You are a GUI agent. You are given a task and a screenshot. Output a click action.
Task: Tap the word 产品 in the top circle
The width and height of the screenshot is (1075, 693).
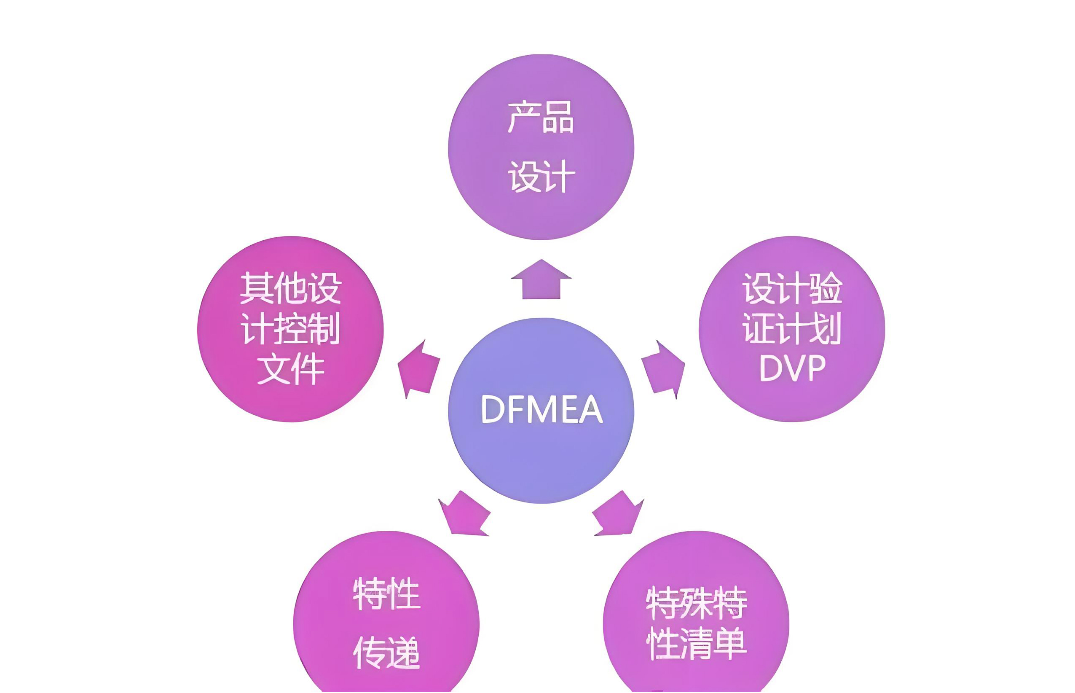click(x=541, y=117)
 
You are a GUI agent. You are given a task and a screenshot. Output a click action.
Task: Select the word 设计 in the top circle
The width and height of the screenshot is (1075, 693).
click(x=541, y=176)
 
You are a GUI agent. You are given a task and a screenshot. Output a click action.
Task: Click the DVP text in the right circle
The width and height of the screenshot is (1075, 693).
click(x=792, y=368)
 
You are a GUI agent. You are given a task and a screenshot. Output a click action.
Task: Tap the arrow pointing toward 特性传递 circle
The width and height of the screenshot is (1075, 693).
click(x=465, y=515)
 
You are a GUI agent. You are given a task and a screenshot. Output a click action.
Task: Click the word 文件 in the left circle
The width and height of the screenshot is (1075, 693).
click(x=291, y=369)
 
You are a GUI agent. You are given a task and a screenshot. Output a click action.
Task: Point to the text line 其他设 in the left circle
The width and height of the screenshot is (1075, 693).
click(x=291, y=288)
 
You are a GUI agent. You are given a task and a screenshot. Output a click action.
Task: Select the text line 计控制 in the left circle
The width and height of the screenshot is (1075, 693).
click(x=291, y=329)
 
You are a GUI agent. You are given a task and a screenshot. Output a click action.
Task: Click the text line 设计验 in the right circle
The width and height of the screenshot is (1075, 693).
click(x=792, y=288)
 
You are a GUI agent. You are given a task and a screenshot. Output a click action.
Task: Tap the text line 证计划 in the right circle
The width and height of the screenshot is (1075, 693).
click(x=792, y=329)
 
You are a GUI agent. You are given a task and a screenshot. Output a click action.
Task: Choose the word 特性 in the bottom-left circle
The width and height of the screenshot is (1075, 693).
click(x=386, y=594)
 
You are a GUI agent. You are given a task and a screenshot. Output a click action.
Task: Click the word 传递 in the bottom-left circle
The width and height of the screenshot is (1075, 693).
click(x=386, y=652)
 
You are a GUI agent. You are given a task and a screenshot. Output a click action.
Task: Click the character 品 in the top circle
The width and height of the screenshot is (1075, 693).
click(x=558, y=118)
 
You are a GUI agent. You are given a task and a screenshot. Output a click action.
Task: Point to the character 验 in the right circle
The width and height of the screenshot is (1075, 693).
click(x=826, y=288)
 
